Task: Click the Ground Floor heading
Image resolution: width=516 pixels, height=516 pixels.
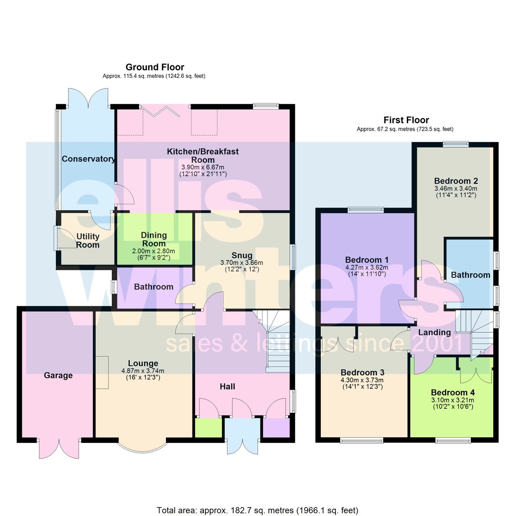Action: click(x=155, y=67)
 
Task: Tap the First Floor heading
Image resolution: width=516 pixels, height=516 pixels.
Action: click(x=406, y=120)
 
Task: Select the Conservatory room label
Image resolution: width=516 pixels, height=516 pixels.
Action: click(x=89, y=159)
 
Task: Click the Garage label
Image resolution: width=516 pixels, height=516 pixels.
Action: click(x=58, y=375)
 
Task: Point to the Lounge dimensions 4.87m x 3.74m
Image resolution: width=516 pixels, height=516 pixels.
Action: click(x=143, y=371)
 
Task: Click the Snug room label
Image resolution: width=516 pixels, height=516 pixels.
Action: click(x=242, y=255)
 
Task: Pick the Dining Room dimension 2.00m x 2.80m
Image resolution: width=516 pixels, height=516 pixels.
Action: click(x=154, y=251)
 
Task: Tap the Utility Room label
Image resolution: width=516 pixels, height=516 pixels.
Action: click(x=88, y=240)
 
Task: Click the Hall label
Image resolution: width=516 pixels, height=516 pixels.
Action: click(x=227, y=387)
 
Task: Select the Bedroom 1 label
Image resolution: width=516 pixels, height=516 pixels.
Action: click(x=367, y=260)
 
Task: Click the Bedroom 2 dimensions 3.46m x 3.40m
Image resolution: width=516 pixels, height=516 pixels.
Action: click(x=456, y=188)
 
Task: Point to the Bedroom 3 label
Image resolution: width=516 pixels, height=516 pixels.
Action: click(x=362, y=372)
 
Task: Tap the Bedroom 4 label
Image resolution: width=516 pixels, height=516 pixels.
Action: click(x=453, y=393)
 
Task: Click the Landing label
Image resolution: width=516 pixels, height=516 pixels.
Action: click(x=434, y=332)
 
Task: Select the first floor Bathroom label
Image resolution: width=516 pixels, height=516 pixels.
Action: click(x=470, y=275)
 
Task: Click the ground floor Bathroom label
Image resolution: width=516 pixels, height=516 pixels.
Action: click(x=154, y=287)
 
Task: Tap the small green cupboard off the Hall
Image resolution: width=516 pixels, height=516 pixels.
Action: click(x=209, y=427)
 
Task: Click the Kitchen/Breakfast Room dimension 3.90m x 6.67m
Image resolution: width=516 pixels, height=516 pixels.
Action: click(x=203, y=167)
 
